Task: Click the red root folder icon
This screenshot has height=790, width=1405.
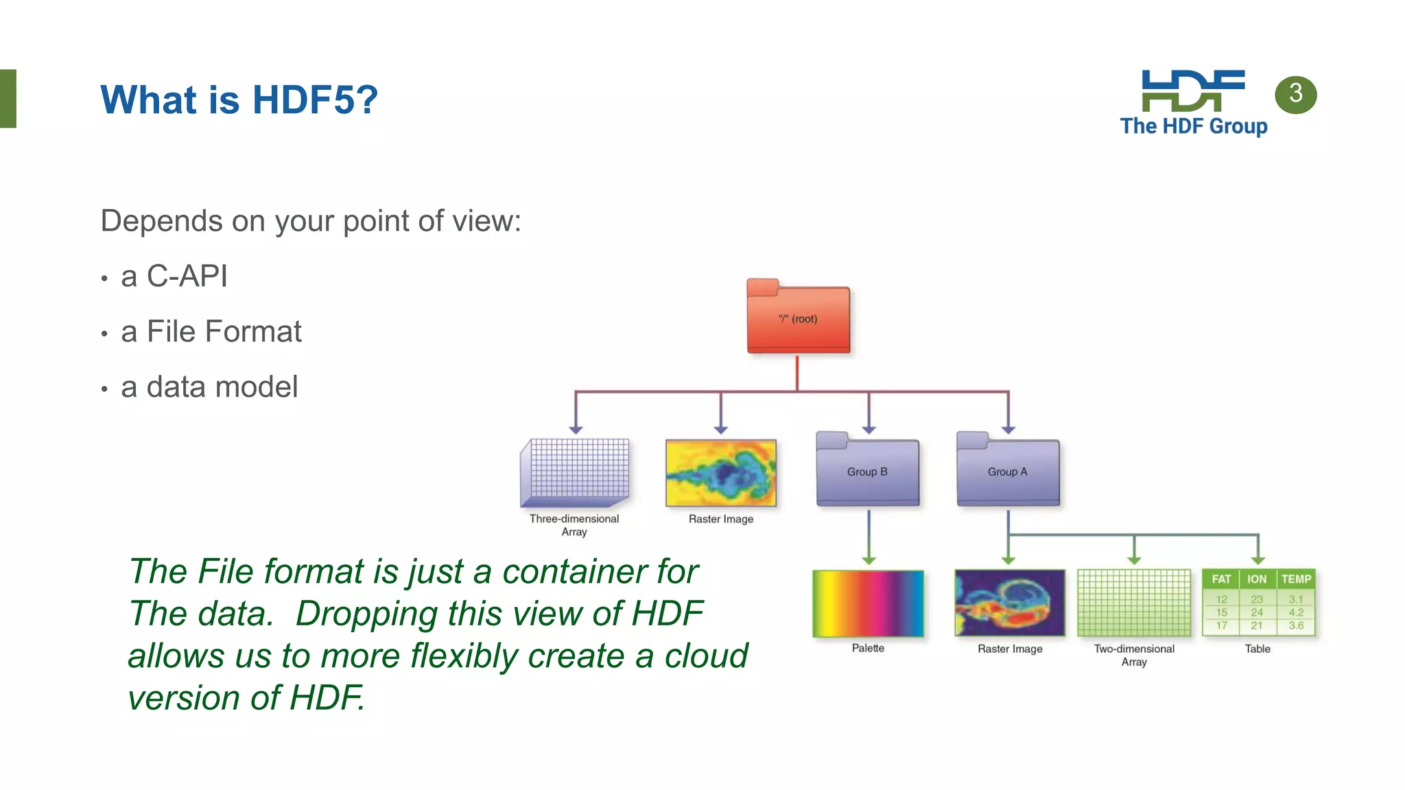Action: point(798,318)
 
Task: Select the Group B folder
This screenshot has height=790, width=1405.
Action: point(867,471)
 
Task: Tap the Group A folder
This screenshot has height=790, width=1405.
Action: point(1008,471)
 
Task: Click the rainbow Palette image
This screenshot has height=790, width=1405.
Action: point(868,603)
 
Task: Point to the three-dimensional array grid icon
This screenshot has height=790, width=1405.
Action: point(575,472)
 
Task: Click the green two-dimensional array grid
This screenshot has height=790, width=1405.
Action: point(1134,603)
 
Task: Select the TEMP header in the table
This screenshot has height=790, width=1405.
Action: point(1295,579)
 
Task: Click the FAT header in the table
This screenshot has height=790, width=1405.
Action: point(1221,579)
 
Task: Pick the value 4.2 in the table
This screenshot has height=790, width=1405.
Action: point(1295,612)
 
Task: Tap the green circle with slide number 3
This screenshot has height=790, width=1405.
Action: point(1295,94)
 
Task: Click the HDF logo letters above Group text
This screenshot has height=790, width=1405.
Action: point(1193,90)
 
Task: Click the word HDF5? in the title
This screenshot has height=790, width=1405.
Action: point(315,99)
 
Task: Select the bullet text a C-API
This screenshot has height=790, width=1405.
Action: point(174,276)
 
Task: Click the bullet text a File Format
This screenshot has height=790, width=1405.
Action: point(211,332)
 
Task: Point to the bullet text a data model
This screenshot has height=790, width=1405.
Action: point(209,387)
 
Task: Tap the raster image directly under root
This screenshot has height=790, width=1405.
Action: point(720,472)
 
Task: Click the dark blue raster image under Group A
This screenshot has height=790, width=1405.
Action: point(1009,603)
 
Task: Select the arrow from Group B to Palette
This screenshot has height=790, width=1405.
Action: point(869,538)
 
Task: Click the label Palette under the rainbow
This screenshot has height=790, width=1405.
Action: point(868,648)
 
